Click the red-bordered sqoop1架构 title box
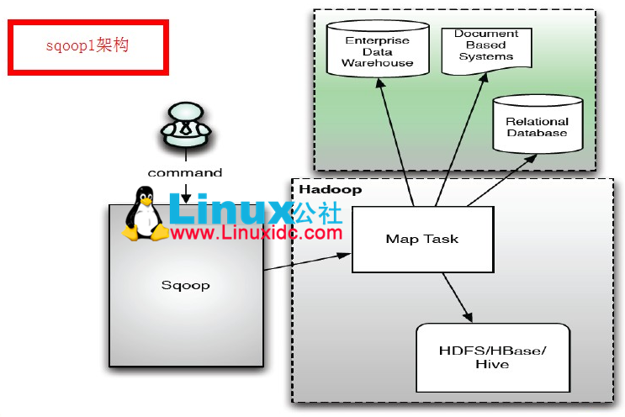point(88,47)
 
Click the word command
point(185,172)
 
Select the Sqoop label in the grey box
point(185,285)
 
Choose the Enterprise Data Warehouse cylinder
point(377,51)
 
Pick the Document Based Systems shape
point(487,47)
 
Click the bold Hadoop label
point(330,190)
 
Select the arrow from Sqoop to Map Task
point(307,261)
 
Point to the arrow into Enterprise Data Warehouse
point(396,143)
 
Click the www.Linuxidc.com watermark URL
point(257,233)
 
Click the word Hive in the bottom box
point(492,365)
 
